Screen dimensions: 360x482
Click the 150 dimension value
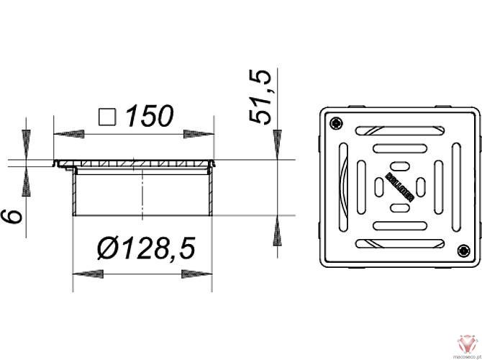click(150, 117)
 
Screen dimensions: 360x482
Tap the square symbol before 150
click(108, 117)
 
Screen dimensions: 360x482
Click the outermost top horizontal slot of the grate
click(399, 130)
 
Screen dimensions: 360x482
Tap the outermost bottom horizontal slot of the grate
click(399, 243)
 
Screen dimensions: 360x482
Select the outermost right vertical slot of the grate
click(455, 186)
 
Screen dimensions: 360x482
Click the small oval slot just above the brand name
click(399, 166)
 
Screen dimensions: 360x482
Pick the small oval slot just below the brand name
click(399, 207)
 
